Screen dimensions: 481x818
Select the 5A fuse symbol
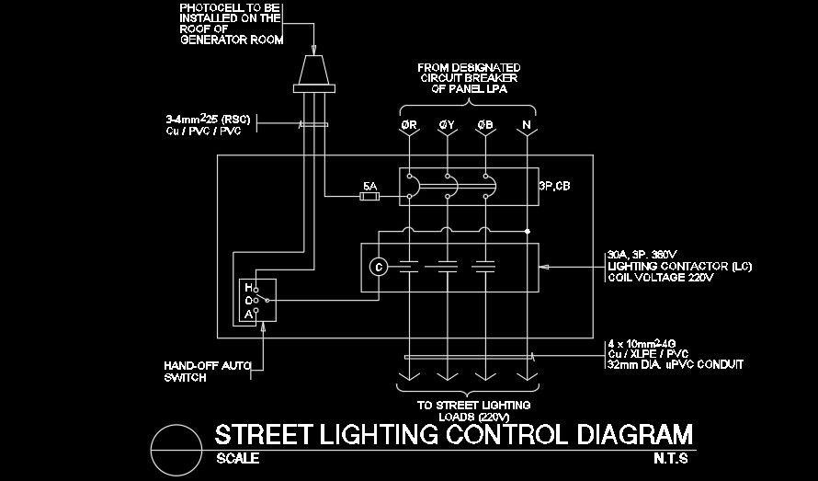[369, 196]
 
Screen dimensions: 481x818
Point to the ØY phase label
[447, 125]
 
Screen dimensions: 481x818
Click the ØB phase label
[484, 125]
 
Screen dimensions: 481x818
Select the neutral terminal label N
[526, 125]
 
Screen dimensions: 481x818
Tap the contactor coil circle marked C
[377, 267]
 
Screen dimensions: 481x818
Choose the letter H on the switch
[248, 288]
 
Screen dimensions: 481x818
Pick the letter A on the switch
[248, 314]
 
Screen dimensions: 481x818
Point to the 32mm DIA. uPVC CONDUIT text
[676, 365]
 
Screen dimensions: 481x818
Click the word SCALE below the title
[237, 458]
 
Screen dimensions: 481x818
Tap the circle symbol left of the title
[175, 447]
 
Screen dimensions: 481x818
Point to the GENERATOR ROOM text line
[232, 40]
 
